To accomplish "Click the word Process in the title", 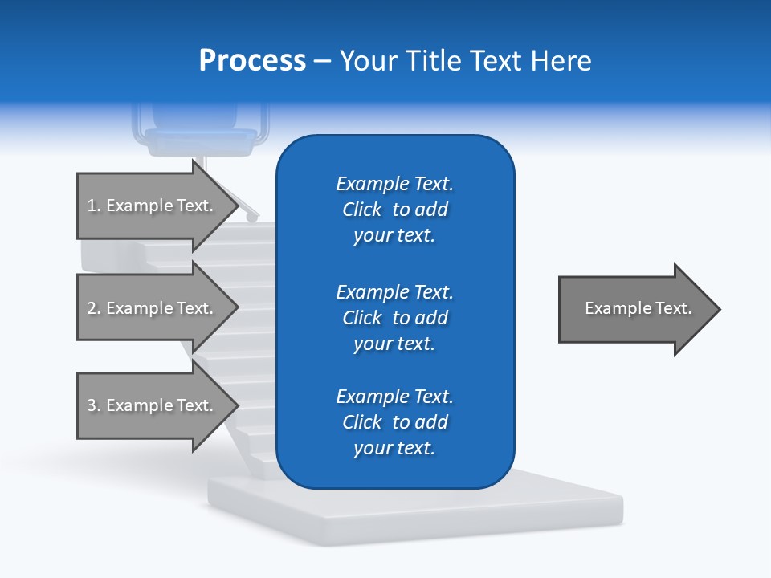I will coord(252,61).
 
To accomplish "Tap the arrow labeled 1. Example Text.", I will coord(153,206).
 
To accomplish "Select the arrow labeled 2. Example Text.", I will coord(153,308).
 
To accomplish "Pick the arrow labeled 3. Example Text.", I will coord(153,405).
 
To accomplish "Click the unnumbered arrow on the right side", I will coord(634,308).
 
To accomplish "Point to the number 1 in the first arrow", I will coord(92,206).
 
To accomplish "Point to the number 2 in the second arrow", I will coord(92,308).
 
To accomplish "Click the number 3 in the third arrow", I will coord(92,405).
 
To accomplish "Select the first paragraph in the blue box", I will coord(394,210).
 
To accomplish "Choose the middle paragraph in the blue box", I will coord(394,318).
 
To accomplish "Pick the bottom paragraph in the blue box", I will coord(394,422).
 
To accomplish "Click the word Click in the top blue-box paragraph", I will coord(362,210).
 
